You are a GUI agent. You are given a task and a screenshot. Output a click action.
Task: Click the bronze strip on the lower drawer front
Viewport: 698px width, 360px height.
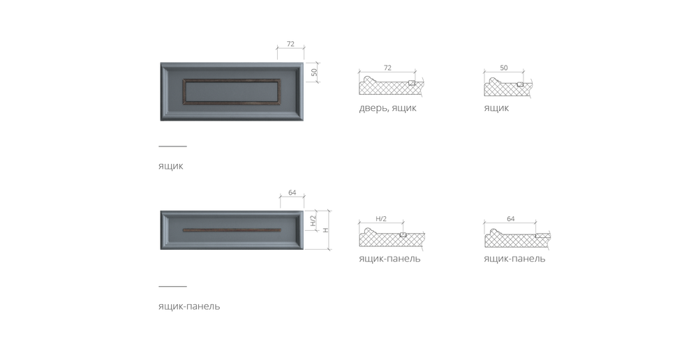click(230, 229)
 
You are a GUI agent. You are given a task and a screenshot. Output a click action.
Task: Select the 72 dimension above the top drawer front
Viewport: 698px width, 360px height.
click(290, 44)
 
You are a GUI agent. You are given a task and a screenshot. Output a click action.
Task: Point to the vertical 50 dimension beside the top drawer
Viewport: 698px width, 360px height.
click(315, 71)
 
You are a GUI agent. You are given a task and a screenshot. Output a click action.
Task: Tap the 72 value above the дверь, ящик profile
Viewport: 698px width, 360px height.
click(387, 68)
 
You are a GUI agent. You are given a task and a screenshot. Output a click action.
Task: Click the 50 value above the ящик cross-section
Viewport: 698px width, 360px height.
click(503, 68)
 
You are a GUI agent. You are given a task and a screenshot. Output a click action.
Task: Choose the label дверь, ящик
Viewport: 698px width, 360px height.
click(388, 108)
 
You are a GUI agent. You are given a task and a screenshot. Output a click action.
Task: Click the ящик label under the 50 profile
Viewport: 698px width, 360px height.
click(496, 108)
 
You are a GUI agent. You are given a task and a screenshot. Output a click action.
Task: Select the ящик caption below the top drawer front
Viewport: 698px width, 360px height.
click(170, 167)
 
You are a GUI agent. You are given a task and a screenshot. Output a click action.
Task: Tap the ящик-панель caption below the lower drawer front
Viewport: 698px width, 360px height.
click(189, 306)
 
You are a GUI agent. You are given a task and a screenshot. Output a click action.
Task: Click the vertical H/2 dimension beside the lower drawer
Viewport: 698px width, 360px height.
click(314, 222)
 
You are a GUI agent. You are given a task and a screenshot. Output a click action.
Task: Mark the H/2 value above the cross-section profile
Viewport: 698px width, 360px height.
click(381, 219)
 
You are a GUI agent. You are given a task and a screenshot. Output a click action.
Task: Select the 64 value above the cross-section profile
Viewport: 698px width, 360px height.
click(510, 219)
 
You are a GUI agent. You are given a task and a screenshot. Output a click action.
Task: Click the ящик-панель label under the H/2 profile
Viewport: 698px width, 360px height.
click(389, 259)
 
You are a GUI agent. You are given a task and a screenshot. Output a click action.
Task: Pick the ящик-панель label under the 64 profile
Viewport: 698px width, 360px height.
click(514, 259)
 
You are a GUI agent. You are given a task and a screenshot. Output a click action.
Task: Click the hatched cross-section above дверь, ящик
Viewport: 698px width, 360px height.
click(391, 87)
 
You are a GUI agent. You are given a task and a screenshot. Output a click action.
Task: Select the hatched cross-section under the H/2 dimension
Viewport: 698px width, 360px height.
click(391, 239)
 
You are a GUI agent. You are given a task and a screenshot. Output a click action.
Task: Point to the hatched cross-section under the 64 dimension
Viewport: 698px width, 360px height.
click(517, 239)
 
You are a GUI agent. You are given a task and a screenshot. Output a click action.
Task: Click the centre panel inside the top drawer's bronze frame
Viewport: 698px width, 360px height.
click(230, 91)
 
